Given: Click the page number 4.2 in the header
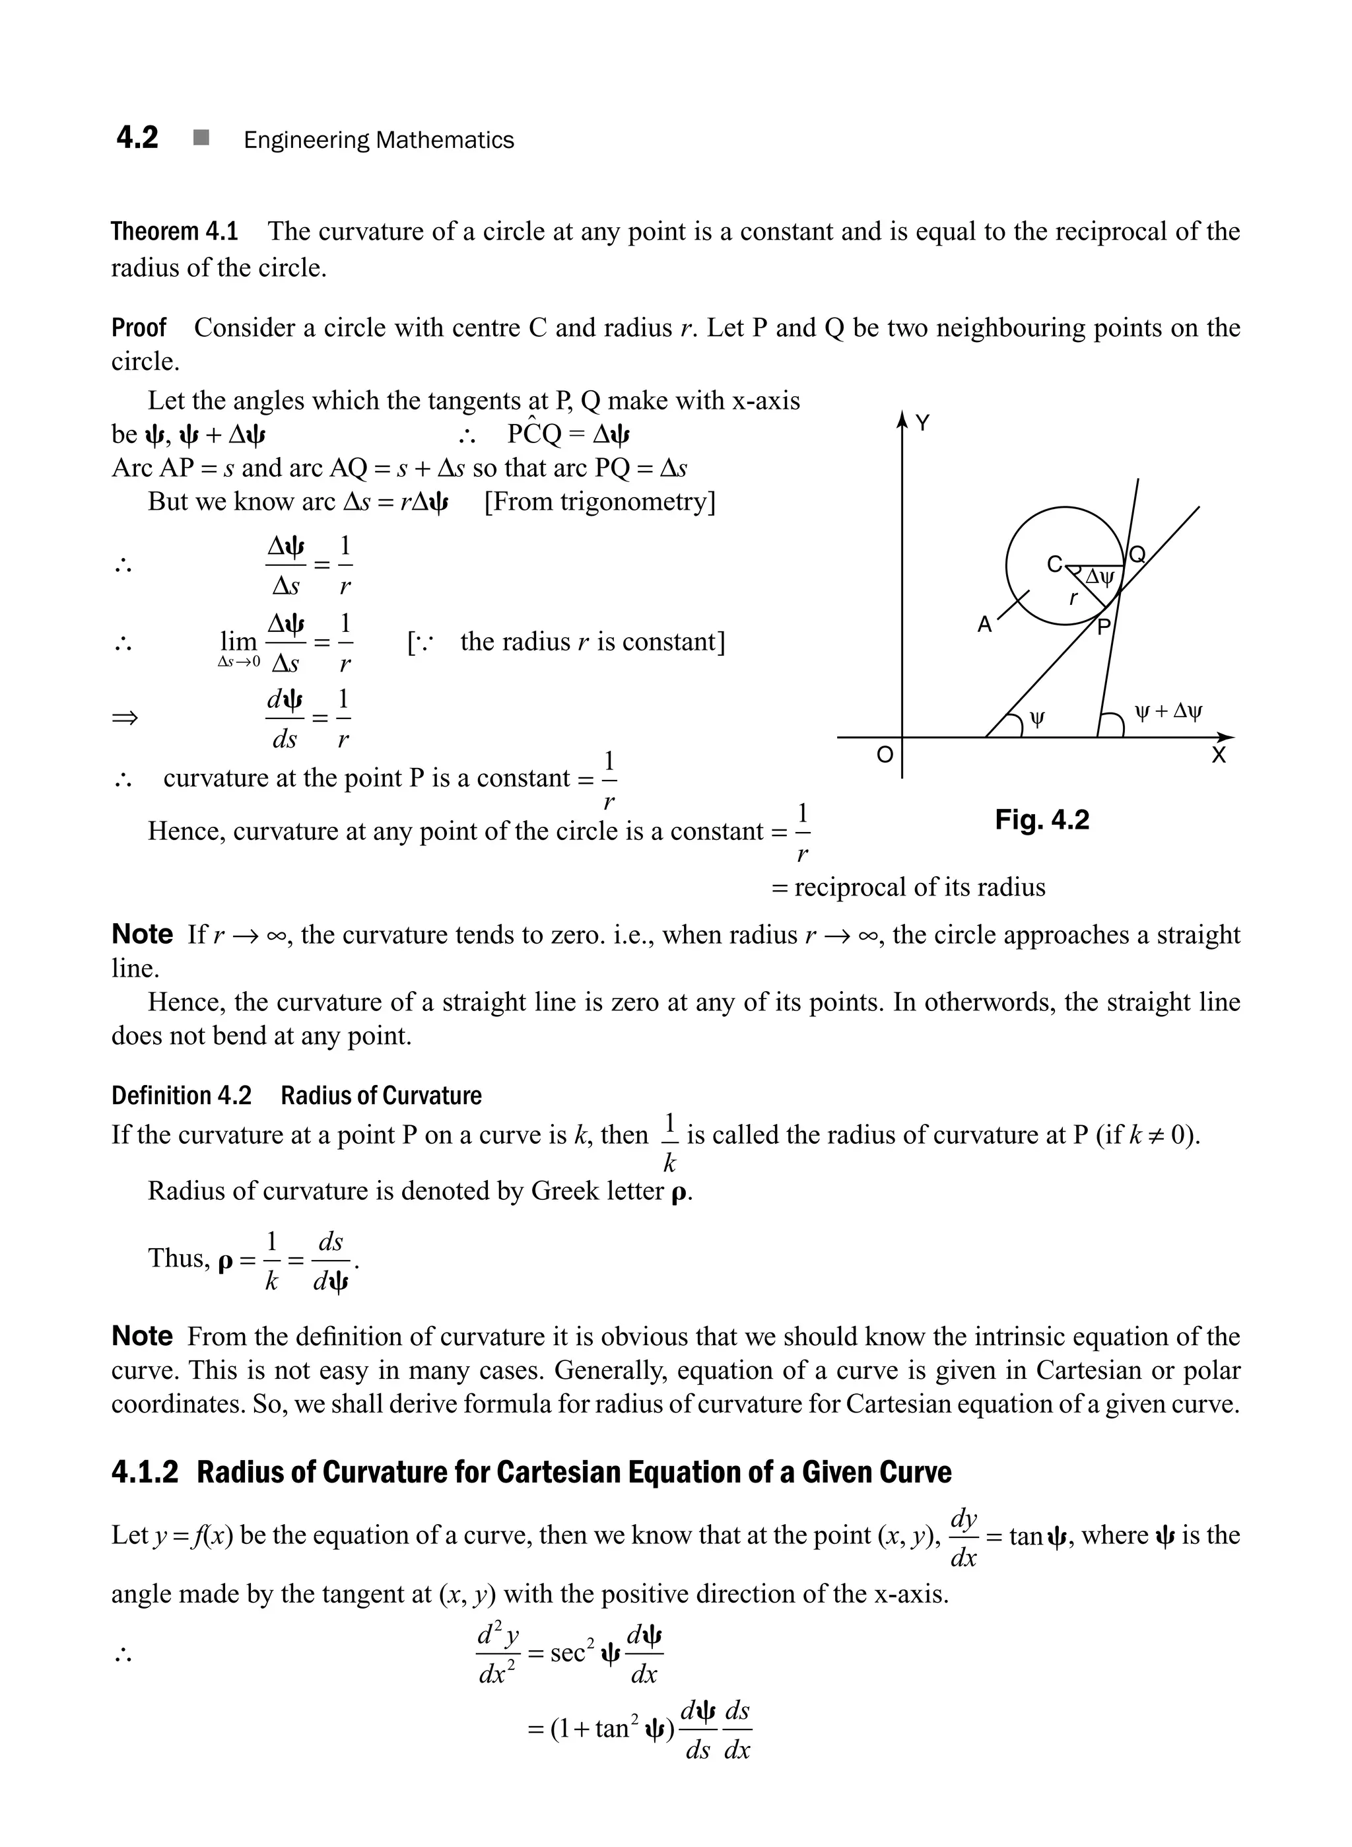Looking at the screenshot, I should pos(137,137).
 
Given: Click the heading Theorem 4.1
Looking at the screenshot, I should pos(174,232).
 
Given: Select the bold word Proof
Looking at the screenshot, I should pos(139,328).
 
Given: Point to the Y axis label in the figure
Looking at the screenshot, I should pos(922,423).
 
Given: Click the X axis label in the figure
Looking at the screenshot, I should pos(1219,755).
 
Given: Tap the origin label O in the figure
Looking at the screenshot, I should pos(885,755).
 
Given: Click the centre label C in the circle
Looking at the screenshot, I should pos(1055,564).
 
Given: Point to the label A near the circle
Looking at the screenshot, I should pos(984,625).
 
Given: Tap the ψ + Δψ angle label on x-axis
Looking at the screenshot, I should pos(1168,711).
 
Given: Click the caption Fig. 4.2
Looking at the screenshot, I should pos(1042,819).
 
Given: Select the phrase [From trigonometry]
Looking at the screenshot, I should pos(600,501).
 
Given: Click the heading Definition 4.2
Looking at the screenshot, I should pos(181,1096).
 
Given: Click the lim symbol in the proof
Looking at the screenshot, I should pos(238,641).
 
